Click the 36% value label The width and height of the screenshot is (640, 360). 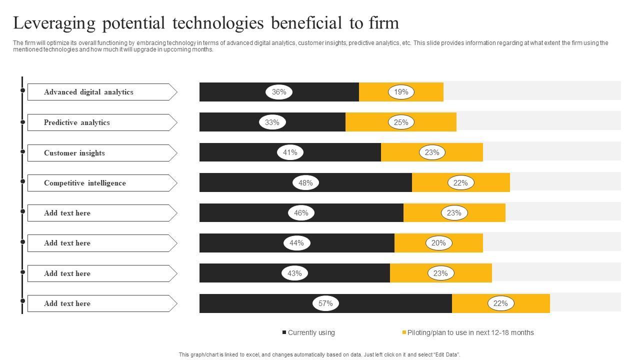click(279, 92)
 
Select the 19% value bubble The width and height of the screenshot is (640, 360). click(401, 92)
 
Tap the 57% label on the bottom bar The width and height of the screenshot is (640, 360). click(325, 303)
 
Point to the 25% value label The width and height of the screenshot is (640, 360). click(401, 122)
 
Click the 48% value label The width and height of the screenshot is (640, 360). click(305, 183)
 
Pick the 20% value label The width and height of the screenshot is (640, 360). click(438, 243)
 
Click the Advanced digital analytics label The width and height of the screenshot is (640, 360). click(88, 92)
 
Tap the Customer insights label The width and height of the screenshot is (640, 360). click(74, 153)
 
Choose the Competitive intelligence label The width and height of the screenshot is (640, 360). click(85, 183)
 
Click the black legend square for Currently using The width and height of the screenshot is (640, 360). click(284, 332)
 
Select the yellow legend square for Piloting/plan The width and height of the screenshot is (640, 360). click(404, 332)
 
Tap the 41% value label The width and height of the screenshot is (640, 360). click(290, 152)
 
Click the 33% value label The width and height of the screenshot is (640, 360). click(272, 122)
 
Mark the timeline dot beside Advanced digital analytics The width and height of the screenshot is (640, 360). click(22, 90)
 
